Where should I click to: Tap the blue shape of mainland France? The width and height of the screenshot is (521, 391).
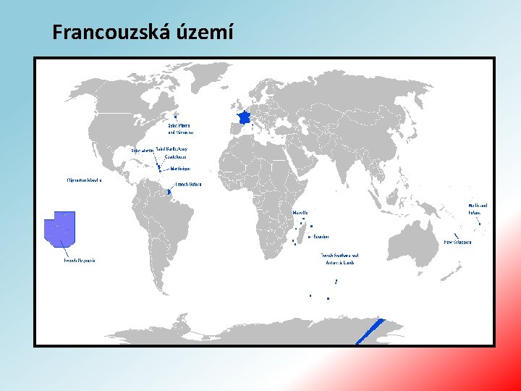tap(244, 117)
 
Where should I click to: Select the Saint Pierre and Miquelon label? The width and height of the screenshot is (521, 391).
tap(181, 129)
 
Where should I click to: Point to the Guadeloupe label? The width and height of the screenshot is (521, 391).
tap(176, 156)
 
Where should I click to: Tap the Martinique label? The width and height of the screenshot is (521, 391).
tap(180, 169)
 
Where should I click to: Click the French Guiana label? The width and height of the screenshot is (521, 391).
tap(188, 185)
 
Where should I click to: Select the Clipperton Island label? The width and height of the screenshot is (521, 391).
tap(84, 180)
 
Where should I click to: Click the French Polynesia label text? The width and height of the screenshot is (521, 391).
tap(80, 260)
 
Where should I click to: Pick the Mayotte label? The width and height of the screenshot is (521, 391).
tap(300, 213)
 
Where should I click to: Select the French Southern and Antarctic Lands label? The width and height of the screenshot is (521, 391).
tap(340, 258)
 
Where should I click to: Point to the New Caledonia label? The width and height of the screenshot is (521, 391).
tap(457, 242)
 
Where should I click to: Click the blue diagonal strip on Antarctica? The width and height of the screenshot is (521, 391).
tap(370, 331)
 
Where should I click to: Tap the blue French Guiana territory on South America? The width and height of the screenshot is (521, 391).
tap(169, 192)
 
